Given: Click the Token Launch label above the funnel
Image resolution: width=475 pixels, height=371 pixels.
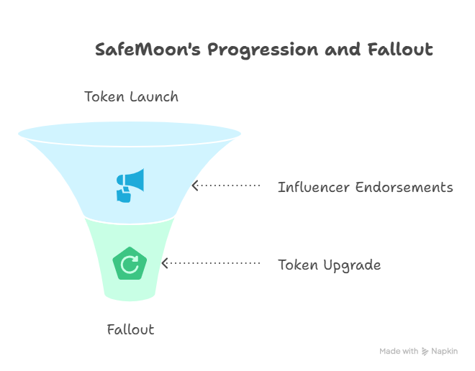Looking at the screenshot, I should coord(131,96).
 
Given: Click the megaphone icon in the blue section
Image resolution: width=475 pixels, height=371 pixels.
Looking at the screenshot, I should coord(130,185).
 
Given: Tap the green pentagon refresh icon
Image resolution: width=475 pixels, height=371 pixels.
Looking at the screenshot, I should coord(130,264).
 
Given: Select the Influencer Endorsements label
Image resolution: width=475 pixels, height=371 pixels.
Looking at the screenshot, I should coord(365,188).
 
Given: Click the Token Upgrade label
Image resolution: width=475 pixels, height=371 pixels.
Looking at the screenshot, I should coord(329,265).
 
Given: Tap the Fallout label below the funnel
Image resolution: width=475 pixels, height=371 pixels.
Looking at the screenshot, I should coord(130,330).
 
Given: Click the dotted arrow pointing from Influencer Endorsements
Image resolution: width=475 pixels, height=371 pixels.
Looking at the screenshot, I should coord(227,185).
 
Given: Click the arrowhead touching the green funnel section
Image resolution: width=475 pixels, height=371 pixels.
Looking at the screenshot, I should coord(165,264).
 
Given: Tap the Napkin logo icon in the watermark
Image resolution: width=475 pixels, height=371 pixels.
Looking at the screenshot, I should coord(425,352).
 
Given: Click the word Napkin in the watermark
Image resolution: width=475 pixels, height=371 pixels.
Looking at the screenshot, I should coord(444,352).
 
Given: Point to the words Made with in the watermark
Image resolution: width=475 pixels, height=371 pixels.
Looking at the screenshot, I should coord(399,352).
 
